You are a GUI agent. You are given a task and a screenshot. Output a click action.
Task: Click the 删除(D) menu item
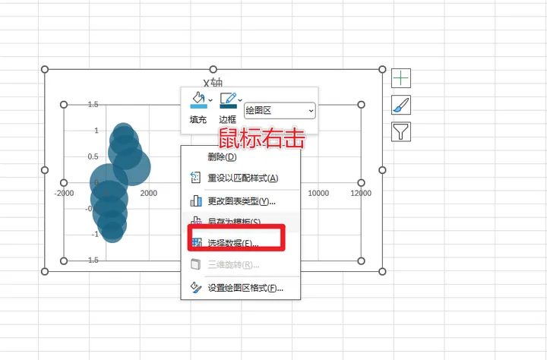click(x=222, y=157)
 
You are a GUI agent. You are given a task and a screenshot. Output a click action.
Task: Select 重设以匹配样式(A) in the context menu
click(x=242, y=179)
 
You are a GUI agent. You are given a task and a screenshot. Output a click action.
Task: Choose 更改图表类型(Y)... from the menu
click(x=241, y=201)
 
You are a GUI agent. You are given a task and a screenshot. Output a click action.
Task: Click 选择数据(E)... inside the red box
click(x=233, y=245)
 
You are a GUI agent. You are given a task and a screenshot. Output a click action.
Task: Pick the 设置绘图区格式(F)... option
click(x=245, y=289)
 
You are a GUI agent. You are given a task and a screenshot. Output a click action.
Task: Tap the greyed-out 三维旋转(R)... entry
click(x=233, y=265)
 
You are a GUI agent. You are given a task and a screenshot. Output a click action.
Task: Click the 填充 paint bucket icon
click(x=198, y=100)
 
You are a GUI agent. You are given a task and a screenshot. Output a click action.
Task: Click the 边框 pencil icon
click(x=228, y=100)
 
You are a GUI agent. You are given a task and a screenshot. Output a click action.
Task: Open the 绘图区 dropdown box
click(x=280, y=111)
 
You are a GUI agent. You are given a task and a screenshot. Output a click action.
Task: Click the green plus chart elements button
click(x=400, y=77)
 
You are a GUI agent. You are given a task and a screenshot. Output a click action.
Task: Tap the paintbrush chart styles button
click(x=400, y=105)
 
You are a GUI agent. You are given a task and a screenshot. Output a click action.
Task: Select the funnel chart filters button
click(x=400, y=132)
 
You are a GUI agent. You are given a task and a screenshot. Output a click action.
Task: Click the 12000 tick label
click(x=361, y=193)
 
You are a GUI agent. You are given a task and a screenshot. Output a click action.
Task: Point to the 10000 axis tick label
click(x=318, y=193)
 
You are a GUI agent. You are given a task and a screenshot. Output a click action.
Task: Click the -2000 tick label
click(x=64, y=193)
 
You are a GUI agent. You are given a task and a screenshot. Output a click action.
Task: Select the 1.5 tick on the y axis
click(x=92, y=105)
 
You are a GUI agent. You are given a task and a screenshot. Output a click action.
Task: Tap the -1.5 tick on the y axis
click(x=91, y=260)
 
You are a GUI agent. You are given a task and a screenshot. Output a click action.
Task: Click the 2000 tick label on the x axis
click(x=148, y=193)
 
